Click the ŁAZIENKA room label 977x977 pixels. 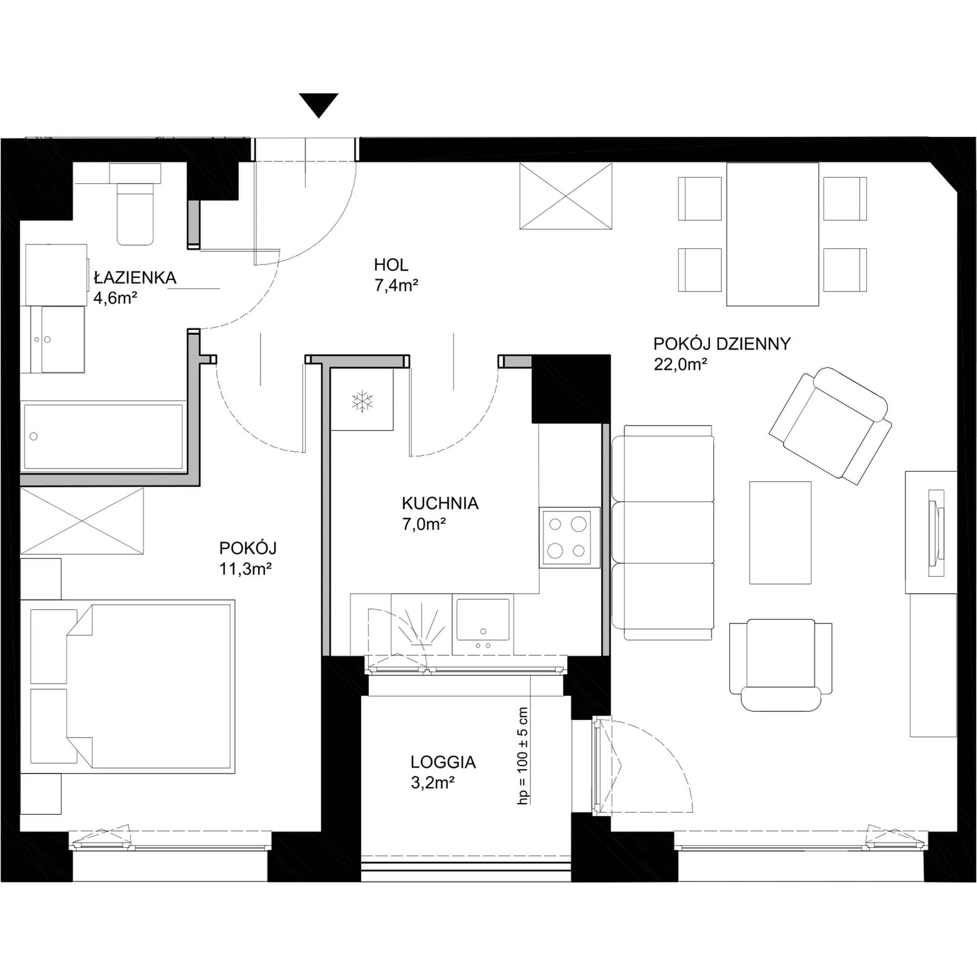pyautogui.click(x=135, y=277)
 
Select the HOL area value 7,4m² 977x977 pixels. pyautogui.click(x=396, y=286)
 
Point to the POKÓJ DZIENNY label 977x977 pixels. pyautogui.click(x=722, y=344)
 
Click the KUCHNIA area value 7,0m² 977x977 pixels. pyautogui.click(x=424, y=524)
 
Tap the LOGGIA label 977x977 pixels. pyautogui.click(x=443, y=762)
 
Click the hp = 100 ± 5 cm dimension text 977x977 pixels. pyautogui.click(x=523, y=756)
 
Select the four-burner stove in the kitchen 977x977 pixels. pyautogui.click(x=570, y=537)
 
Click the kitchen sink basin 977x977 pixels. pyautogui.click(x=483, y=619)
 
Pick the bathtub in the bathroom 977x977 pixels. pyautogui.click(x=103, y=436)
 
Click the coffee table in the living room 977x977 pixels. pyautogui.click(x=780, y=532)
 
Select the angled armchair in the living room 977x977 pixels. pyautogui.click(x=830, y=426)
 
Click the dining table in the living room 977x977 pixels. pyautogui.click(x=772, y=234)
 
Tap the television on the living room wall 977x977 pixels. pyautogui.click(x=936, y=533)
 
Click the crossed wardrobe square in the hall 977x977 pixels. pyautogui.click(x=566, y=196)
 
